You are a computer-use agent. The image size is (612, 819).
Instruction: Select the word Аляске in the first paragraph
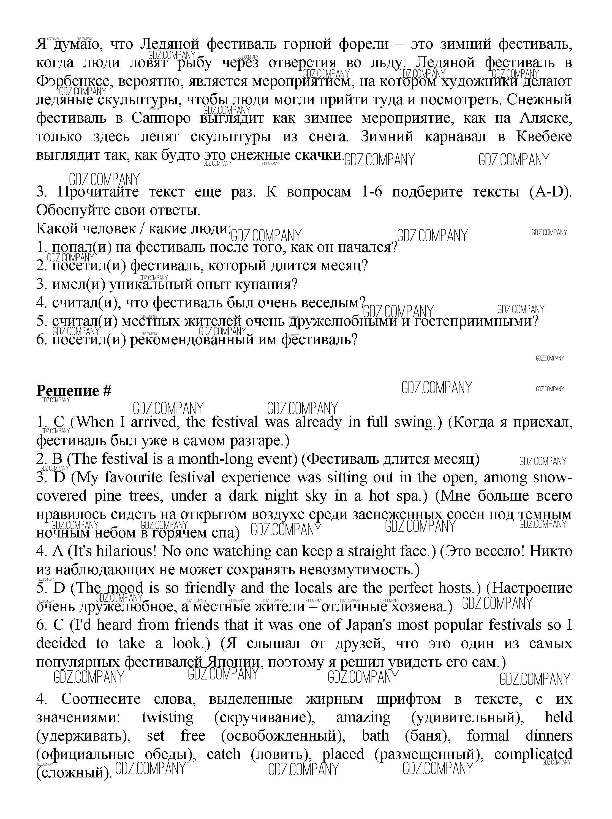(x=546, y=119)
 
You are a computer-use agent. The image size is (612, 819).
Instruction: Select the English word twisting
(x=167, y=717)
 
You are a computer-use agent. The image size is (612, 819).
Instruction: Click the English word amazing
(x=363, y=717)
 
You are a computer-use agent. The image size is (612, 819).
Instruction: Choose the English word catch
(x=223, y=754)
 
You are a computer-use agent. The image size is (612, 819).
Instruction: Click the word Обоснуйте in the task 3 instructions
(x=74, y=210)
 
